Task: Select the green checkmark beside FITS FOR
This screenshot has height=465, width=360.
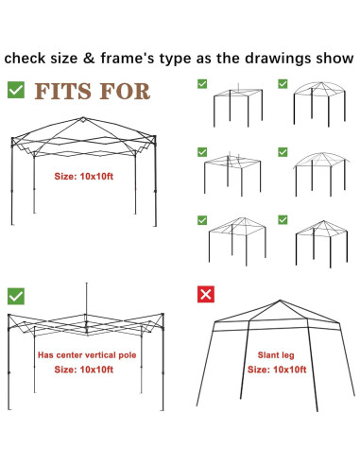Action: click(16, 91)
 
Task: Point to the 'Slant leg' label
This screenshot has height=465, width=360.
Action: click(273, 358)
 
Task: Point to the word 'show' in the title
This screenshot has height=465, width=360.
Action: click(323, 57)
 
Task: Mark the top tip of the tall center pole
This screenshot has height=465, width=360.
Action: click(86, 283)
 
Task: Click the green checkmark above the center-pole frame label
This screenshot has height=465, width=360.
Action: click(16, 295)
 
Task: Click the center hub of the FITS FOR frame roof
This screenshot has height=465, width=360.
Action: click(82, 119)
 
